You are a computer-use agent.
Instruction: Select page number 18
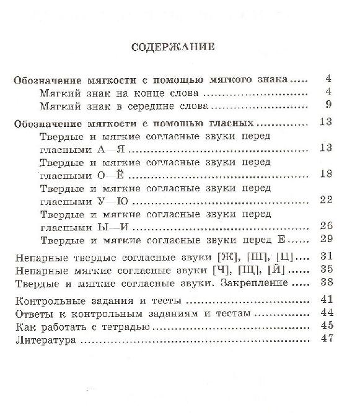point(327,174)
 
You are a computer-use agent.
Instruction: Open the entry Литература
point(45,340)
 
